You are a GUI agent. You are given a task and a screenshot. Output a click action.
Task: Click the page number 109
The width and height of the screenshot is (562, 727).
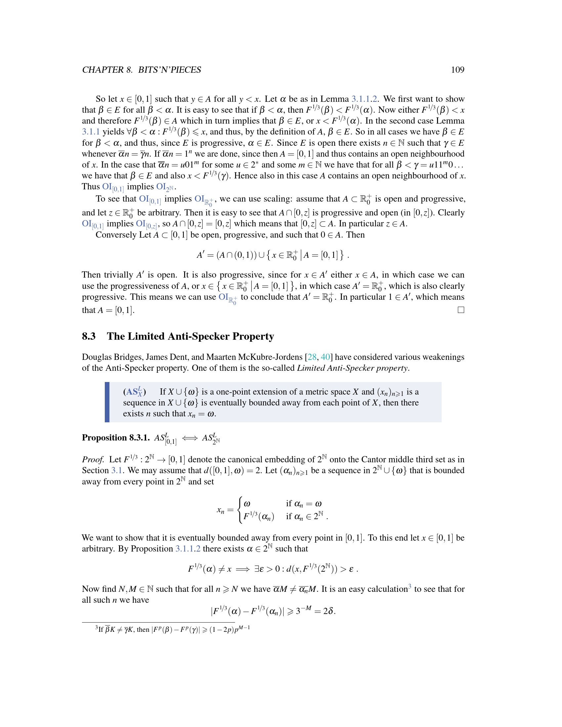point(458,70)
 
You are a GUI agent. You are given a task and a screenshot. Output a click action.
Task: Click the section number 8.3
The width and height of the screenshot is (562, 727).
point(89,336)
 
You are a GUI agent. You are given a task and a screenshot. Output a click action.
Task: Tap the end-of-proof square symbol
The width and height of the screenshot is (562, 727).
point(461,310)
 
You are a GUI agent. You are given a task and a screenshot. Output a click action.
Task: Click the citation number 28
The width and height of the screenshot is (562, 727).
point(312,357)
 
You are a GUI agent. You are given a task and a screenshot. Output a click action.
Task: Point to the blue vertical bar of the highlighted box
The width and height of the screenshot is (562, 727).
point(107,402)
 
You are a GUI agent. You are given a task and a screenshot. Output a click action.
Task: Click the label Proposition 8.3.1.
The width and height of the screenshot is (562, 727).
point(116,438)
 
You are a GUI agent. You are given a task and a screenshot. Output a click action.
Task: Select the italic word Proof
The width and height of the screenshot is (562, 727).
point(93,460)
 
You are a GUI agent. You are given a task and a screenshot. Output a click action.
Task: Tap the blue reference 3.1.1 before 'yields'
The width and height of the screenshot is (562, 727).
point(91,132)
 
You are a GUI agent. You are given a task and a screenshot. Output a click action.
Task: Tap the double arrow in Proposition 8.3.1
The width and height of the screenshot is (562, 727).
point(190,438)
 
